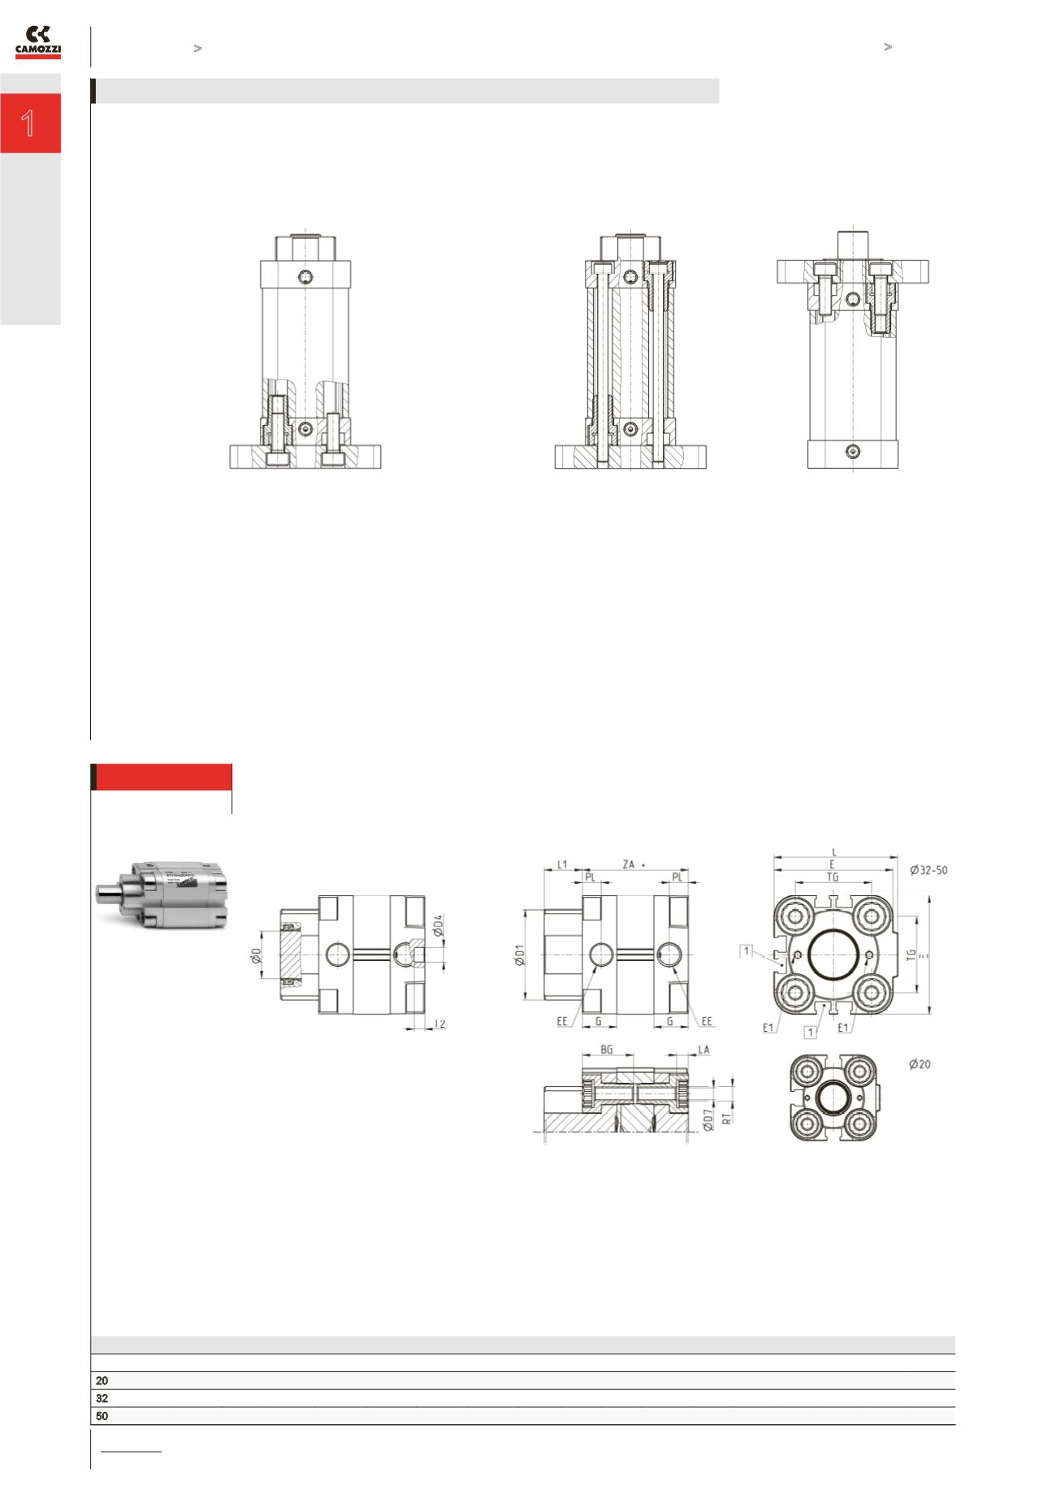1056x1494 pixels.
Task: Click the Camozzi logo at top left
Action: pyautogui.click(x=38, y=42)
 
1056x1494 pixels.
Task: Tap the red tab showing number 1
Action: pyautogui.click(x=30, y=123)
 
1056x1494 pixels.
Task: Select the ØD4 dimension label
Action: pyautogui.click(x=438, y=926)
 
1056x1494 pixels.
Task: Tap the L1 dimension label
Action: pyautogui.click(x=562, y=866)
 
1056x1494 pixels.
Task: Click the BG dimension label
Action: pyautogui.click(x=607, y=1050)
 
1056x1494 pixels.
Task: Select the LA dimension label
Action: pyautogui.click(x=703, y=1050)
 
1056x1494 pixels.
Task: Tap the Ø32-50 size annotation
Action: pyautogui.click(x=928, y=869)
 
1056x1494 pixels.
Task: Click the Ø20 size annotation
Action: pyautogui.click(x=919, y=1064)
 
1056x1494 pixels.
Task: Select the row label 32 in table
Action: pyautogui.click(x=102, y=1398)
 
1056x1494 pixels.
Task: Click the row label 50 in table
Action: pyautogui.click(x=102, y=1416)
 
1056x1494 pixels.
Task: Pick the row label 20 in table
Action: pyautogui.click(x=102, y=1380)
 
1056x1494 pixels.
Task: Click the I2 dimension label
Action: pyautogui.click(x=439, y=1024)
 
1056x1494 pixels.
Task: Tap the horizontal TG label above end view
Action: pyautogui.click(x=833, y=877)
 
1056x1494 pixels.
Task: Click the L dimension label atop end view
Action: pyautogui.click(x=834, y=852)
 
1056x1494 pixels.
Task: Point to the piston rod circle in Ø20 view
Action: pyautogui.click(x=833, y=1098)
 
